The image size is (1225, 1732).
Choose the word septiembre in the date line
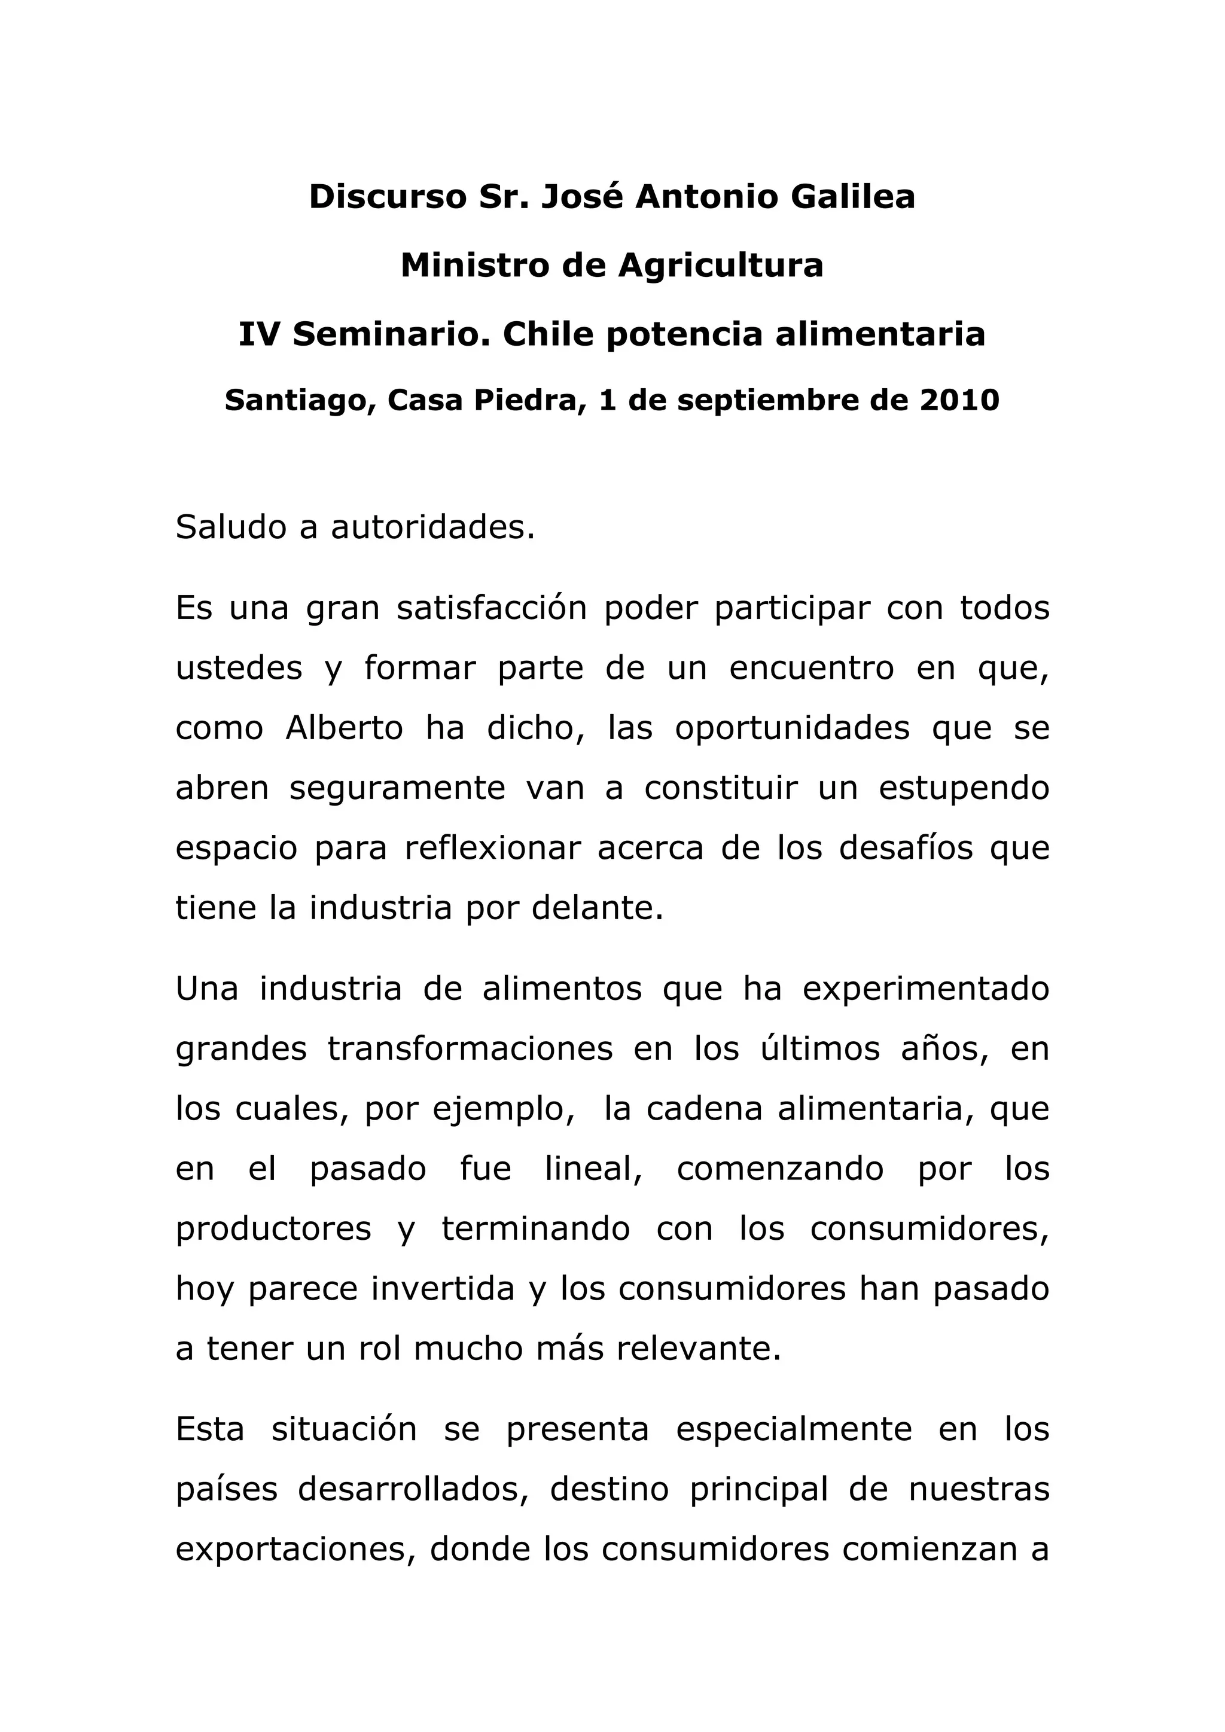pos(769,401)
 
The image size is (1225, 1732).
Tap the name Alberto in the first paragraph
pos(344,728)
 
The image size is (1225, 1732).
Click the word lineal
pos(593,1169)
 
